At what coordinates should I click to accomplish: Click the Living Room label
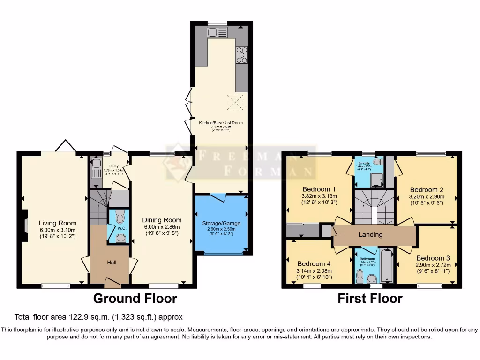[57, 223]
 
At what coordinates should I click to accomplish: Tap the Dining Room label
[162, 220]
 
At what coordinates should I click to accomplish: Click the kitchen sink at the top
[217, 32]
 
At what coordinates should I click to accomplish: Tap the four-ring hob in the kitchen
[242, 55]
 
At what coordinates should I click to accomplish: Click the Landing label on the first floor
[371, 234]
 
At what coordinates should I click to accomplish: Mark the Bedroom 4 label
[314, 263]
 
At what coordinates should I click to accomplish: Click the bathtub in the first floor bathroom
[387, 266]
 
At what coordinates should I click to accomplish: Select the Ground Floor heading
[135, 298]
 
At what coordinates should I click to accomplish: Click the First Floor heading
[370, 298]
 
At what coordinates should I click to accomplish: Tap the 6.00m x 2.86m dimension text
[162, 228]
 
